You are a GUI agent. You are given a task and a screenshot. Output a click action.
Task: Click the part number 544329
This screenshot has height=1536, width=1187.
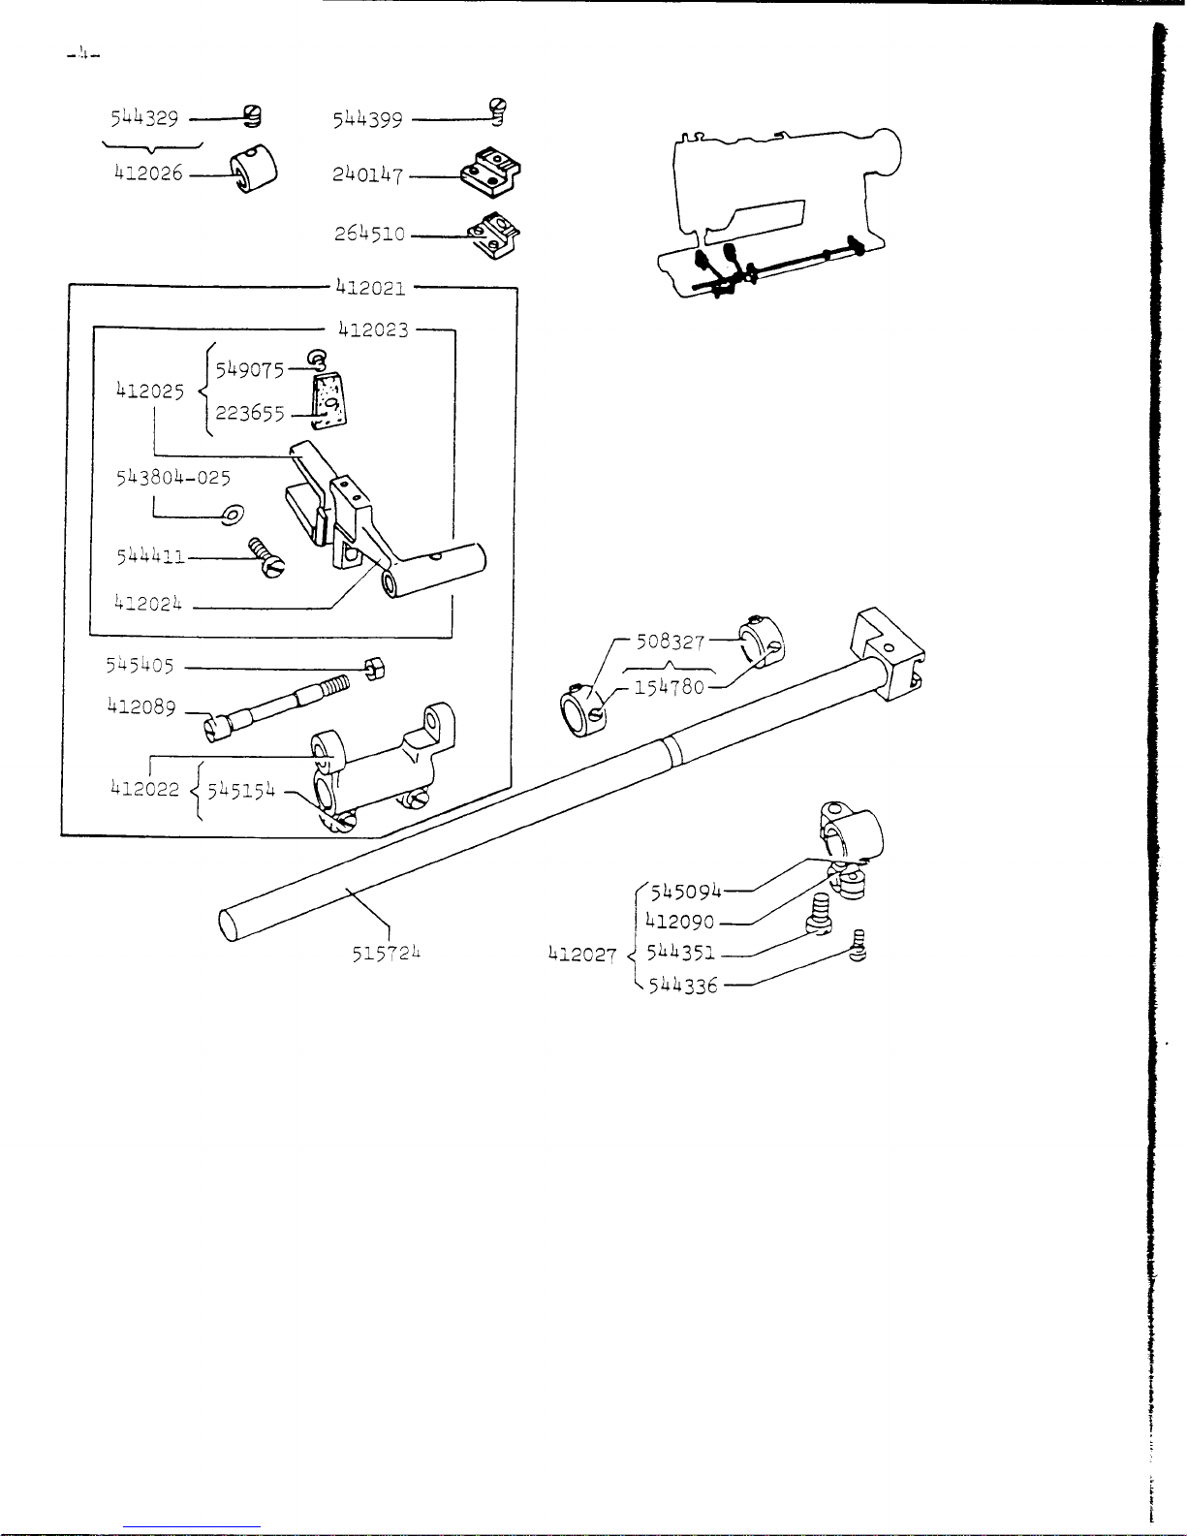pyautogui.click(x=144, y=117)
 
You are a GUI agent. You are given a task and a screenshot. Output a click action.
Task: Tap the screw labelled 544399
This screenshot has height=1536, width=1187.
pyautogui.click(x=498, y=111)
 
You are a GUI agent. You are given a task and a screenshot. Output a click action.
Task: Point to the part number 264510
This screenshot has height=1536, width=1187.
pyautogui.click(x=369, y=233)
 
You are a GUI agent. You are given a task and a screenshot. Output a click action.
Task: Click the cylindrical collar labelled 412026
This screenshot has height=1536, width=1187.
pyautogui.click(x=254, y=169)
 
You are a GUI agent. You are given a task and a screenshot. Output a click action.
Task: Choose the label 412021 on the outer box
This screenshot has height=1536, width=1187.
pyautogui.click(x=371, y=288)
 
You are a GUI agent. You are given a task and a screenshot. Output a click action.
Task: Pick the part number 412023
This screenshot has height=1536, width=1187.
pyautogui.click(x=373, y=329)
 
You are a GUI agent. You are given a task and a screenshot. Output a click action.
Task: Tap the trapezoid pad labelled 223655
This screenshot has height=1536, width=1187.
pyautogui.click(x=328, y=401)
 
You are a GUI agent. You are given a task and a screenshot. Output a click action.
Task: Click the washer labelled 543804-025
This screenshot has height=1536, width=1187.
pyautogui.click(x=233, y=515)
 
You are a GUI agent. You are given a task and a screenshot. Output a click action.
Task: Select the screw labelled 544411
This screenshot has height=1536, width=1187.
pyautogui.click(x=266, y=558)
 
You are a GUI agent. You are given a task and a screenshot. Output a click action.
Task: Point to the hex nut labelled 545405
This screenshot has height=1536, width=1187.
pyautogui.click(x=375, y=668)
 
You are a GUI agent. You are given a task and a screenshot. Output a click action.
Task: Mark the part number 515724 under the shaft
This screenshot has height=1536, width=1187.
pyautogui.click(x=387, y=954)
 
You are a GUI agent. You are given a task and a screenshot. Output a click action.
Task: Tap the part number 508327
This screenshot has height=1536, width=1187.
pyautogui.click(x=671, y=642)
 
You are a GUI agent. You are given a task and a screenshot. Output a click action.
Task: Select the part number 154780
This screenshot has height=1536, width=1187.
pyautogui.click(x=670, y=686)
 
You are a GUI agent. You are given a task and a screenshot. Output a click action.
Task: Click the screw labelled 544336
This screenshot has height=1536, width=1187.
pyautogui.click(x=858, y=945)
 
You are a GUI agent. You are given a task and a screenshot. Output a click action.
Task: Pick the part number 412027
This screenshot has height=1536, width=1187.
pyautogui.click(x=582, y=955)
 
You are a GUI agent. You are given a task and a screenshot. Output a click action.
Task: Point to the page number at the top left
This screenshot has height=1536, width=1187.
pyautogui.click(x=83, y=53)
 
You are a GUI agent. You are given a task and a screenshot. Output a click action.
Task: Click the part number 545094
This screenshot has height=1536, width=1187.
pyautogui.click(x=685, y=892)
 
